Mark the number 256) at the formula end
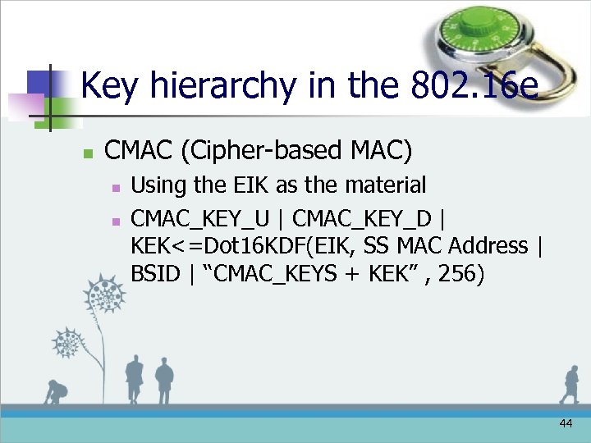pyautogui.click(x=461, y=273)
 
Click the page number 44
pyautogui.click(x=565, y=423)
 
